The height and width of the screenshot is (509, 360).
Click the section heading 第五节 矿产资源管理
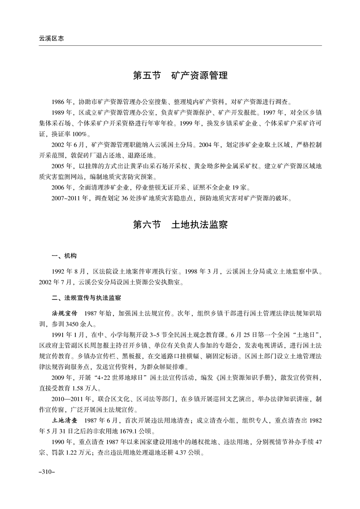[x=180, y=75]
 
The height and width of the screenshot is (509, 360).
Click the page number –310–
[x=47, y=472]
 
